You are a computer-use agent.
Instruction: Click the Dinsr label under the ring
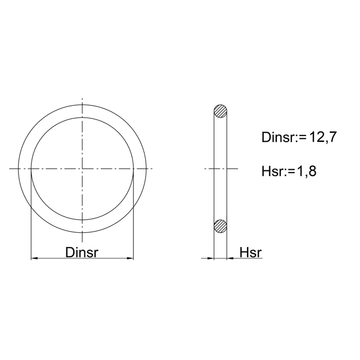(82, 253)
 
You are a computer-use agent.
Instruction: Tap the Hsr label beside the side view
(250, 253)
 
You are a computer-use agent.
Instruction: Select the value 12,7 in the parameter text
(323, 137)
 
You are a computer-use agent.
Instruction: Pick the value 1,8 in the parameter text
(307, 171)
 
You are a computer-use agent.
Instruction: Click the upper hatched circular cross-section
(220, 111)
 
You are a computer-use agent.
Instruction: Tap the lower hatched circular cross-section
(220, 226)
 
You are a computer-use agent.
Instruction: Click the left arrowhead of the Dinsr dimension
(34, 259)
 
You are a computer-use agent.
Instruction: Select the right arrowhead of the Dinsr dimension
(130, 259)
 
